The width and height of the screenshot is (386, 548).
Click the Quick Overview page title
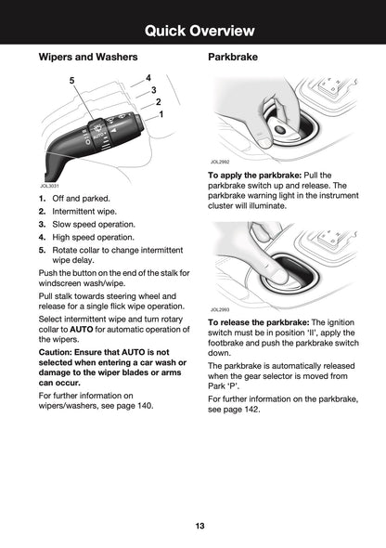[199, 31]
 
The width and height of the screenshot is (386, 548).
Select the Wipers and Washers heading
[88, 57]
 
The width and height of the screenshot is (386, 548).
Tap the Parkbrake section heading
[233, 57]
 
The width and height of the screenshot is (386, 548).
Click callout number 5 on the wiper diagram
[71, 81]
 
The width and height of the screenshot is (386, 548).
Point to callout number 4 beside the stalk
[148, 78]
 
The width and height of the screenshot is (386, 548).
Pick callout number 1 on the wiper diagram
[161, 114]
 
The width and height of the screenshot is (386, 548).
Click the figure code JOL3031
[49, 187]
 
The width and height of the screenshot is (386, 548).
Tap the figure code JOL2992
[220, 162]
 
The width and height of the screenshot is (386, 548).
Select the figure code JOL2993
[220, 309]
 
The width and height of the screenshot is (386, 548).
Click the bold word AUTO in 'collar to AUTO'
[82, 329]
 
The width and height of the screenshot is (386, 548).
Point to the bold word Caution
[55, 352]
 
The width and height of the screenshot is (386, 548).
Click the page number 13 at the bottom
[200, 526]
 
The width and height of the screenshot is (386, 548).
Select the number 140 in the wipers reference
[145, 406]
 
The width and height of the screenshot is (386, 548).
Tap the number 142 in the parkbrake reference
[251, 409]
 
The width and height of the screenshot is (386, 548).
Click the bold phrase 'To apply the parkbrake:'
[255, 176]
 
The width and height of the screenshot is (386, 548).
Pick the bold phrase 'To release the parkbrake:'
[259, 322]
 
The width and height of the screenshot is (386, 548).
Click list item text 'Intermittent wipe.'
[84, 212]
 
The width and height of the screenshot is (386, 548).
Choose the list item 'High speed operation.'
[93, 237]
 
